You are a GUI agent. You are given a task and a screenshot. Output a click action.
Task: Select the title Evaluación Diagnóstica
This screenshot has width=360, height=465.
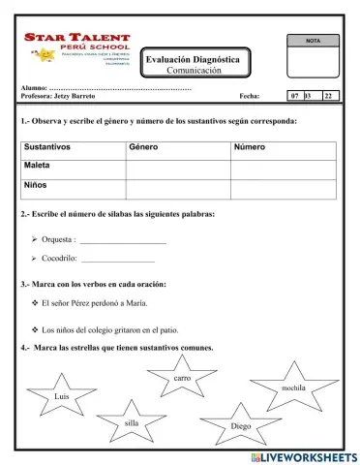pyautogui.click(x=193, y=60)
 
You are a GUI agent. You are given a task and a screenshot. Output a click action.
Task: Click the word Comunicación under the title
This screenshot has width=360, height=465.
pyautogui.click(x=194, y=72)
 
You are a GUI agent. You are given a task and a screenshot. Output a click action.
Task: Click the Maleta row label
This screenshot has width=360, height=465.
pyautogui.click(x=38, y=166)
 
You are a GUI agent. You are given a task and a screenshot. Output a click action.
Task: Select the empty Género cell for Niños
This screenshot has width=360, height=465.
pyautogui.click(x=177, y=185)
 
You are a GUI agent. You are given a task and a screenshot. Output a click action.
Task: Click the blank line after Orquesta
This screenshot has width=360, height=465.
pyautogui.click(x=123, y=238)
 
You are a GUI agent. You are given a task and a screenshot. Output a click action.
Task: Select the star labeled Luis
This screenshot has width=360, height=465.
pyautogui.click(x=63, y=396)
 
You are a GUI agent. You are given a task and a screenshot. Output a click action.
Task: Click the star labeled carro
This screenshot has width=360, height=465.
pyautogui.click(x=182, y=377)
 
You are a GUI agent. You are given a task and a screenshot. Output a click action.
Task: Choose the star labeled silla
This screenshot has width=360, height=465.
pyautogui.click(x=133, y=423)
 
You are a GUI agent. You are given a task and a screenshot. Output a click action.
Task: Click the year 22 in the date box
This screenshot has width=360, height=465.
pyautogui.click(x=329, y=97)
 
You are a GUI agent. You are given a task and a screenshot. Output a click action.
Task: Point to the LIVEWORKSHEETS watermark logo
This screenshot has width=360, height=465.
pyautogui.click(x=303, y=456)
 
